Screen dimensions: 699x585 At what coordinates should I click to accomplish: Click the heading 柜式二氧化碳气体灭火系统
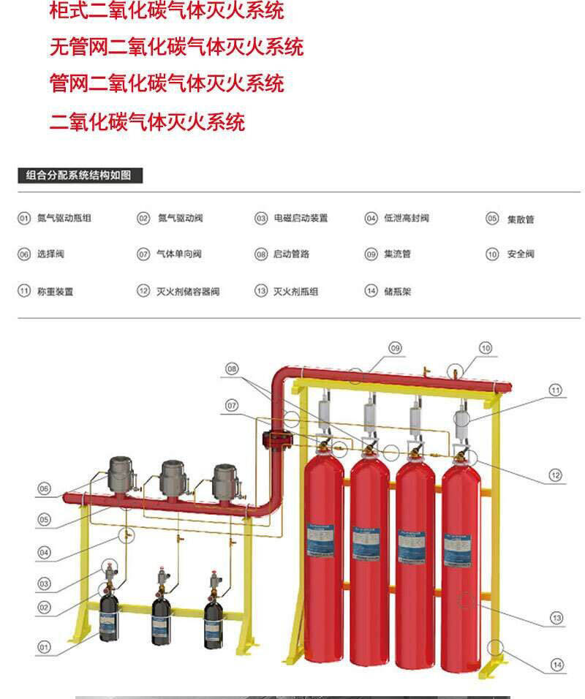click(167, 11)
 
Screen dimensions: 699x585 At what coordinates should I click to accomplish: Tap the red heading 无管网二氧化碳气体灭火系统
click(176, 48)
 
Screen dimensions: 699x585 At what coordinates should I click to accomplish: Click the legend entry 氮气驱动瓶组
click(64, 218)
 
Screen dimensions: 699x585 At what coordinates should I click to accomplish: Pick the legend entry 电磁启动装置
click(301, 218)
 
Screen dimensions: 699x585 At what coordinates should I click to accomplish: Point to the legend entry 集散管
click(521, 219)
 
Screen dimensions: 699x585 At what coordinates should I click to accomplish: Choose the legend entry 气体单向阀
click(179, 254)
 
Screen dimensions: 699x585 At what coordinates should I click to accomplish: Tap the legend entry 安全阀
click(521, 254)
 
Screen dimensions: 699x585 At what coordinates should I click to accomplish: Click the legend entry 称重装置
click(56, 291)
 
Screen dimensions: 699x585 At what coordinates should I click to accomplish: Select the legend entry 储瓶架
click(398, 291)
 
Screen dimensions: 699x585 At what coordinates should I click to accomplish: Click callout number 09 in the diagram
click(396, 348)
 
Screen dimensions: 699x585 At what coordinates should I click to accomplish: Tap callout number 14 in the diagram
click(556, 665)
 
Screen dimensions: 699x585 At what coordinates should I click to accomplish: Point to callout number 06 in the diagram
click(45, 488)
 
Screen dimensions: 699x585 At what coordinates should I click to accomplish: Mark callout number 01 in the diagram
click(45, 646)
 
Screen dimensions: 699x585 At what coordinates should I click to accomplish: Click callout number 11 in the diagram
click(555, 390)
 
